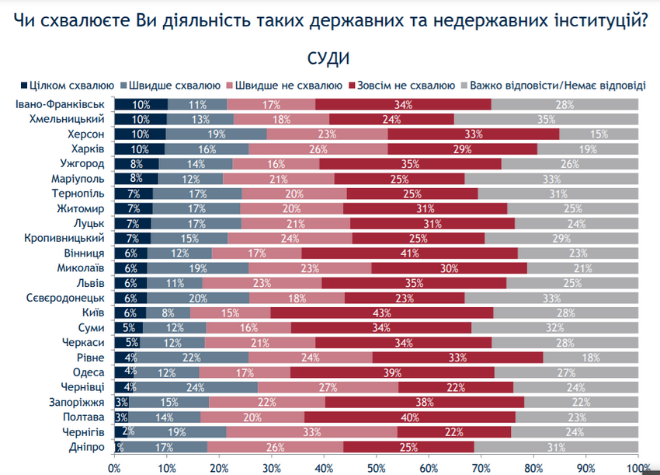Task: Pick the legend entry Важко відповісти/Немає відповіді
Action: pyautogui.click(x=557, y=85)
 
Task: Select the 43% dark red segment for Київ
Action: pyautogui.click(x=380, y=312)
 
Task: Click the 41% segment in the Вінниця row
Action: pyautogui.click(x=409, y=253)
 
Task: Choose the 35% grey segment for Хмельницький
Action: pyautogui.click(x=547, y=119)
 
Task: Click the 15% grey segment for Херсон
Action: pyautogui.click(x=599, y=134)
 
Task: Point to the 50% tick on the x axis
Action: pyautogui.click(x=376, y=467)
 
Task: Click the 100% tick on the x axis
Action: pyautogui.click(x=637, y=467)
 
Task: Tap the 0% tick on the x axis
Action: pyautogui.click(x=114, y=467)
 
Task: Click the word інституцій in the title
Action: pyautogui.click(x=599, y=21)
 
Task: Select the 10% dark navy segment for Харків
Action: pyautogui.click(x=140, y=148)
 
